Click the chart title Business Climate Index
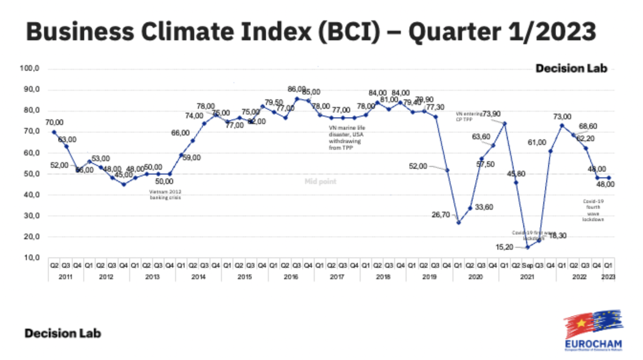coord(311,32)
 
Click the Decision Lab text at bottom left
coord(63,333)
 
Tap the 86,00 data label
coord(297,89)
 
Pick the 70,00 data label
coord(54,122)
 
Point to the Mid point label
coord(320,182)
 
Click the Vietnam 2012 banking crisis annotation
coord(166,194)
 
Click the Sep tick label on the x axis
coord(527,265)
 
